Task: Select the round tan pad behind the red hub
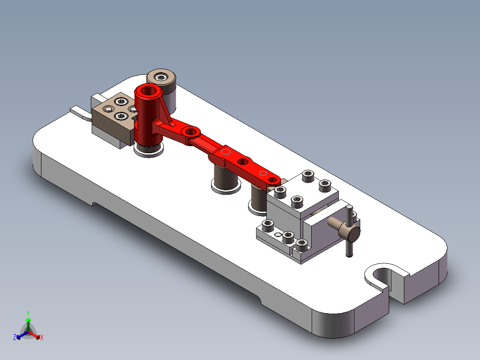[x=161, y=77]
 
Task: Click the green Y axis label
[x=28, y=313]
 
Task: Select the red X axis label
[x=42, y=338]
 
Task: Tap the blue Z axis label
[x=15, y=338]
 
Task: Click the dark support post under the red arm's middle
[x=226, y=176]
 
